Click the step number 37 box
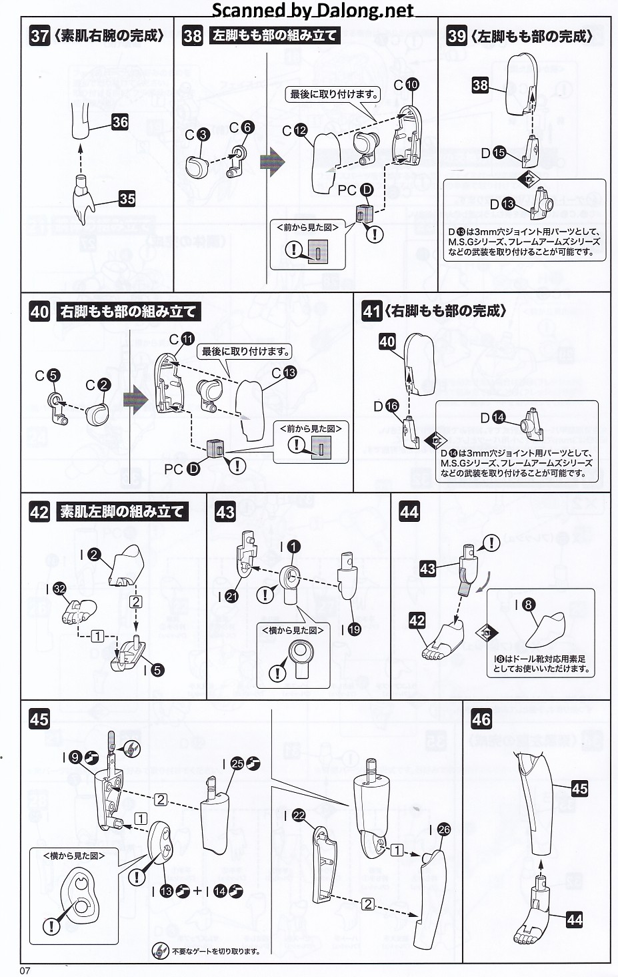(39, 35)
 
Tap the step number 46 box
(481, 719)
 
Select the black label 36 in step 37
(120, 121)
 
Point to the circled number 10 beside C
(412, 84)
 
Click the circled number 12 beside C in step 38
(299, 131)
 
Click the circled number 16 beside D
(392, 405)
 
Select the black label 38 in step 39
(480, 85)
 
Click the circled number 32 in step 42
(60, 588)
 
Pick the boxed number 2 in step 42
(136, 601)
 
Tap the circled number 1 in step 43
(293, 547)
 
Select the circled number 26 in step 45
(444, 830)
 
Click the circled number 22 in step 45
(299, 815)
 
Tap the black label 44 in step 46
(574, 920)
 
